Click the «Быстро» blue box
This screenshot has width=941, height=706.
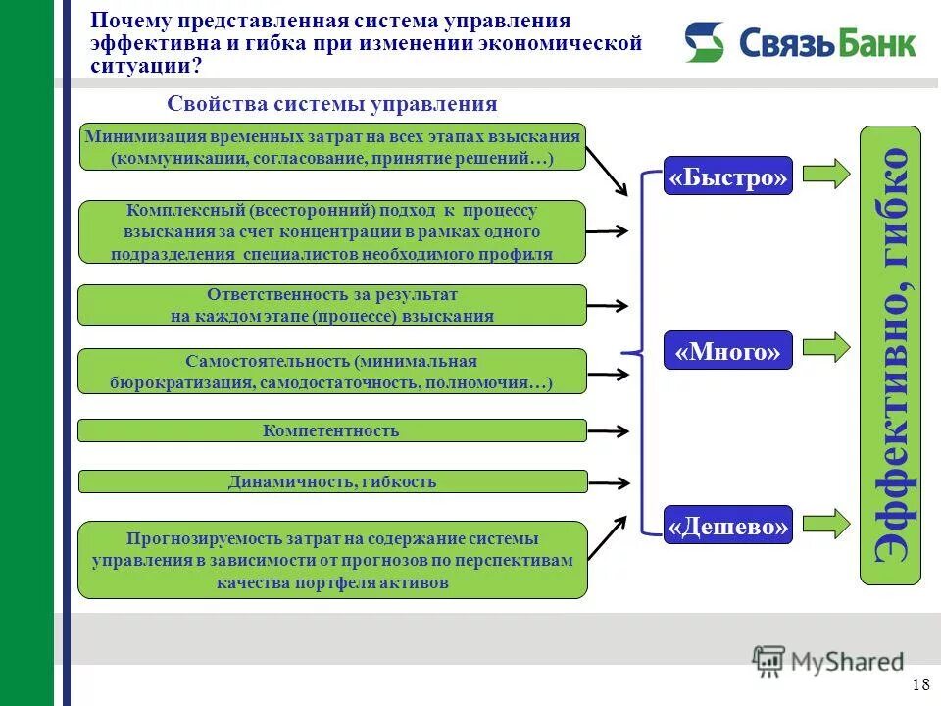pos(727,176)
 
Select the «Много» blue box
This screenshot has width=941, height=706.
pos(727,350)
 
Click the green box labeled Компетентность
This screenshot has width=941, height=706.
pos(331,430)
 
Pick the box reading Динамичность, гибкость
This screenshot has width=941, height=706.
pos(331,481)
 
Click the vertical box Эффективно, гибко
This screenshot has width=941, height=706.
pos(890,355)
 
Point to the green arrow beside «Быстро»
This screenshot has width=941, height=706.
pos(825,174)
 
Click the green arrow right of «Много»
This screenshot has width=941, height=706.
pos(825,347)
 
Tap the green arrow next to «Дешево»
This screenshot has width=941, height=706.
pos(825,522)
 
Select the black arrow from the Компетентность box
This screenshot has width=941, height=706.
pos(608,430)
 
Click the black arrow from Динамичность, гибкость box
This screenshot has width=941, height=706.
pos(608,482)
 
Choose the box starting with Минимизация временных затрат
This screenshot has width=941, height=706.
pos(331,147)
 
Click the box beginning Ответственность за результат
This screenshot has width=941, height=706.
pos(331,305)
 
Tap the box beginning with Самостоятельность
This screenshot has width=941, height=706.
pos(331,371)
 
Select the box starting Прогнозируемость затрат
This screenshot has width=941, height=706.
pos(331,560)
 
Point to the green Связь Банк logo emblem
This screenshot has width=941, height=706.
pos(704,42)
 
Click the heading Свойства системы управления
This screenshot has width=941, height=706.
pos(332,104)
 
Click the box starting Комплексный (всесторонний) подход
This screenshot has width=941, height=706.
pos(331,231)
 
